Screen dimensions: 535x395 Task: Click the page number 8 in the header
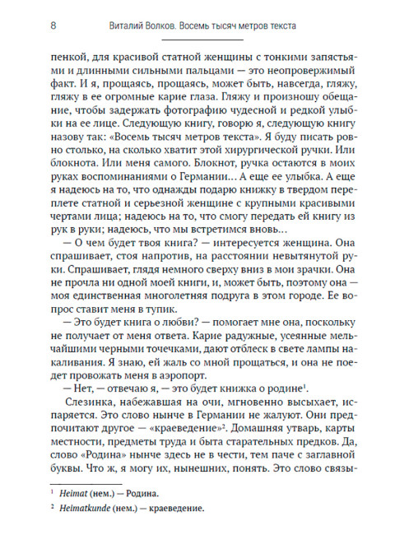[52, 26]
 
